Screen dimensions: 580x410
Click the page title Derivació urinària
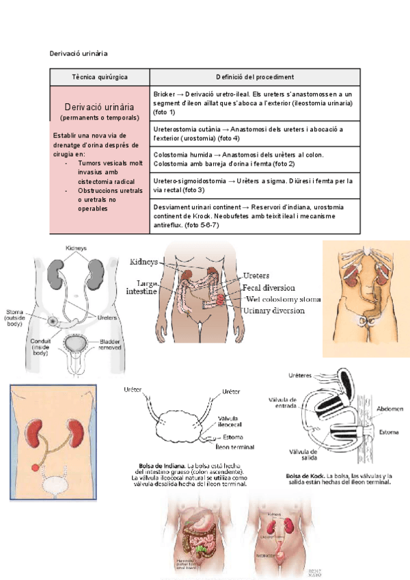click(x=79, y=53)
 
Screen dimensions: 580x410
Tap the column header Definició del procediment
click(x=255, y=77)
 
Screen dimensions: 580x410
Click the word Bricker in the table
click(x=165, y=94)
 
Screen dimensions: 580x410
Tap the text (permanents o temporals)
click(x=100, y=118)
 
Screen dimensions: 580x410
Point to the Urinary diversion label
click(x=273, y=311)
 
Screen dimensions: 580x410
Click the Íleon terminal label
click(x=234, y=447)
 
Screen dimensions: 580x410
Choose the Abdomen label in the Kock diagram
click(x=388, y=408)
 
